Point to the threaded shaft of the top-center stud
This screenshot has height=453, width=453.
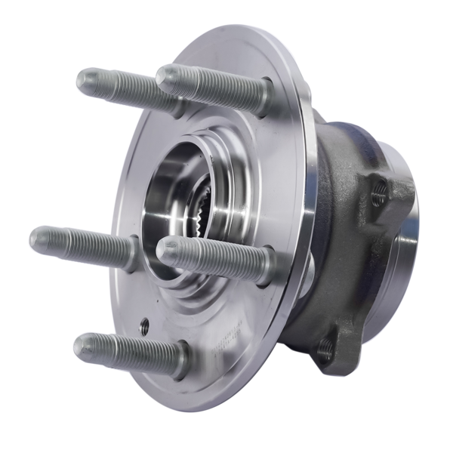215,87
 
